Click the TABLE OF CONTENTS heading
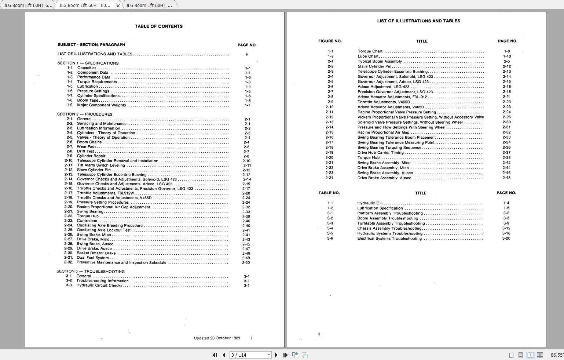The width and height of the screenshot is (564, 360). coord(158,26)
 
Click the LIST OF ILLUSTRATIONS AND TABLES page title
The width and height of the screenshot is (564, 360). coord(418,21)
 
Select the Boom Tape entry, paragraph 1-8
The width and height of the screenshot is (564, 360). coord(88,100)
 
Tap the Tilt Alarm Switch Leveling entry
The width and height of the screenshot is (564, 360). coord(101,166)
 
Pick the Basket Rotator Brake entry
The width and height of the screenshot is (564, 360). coord(96,253)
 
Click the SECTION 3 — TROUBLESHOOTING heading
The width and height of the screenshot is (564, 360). coord(91,272)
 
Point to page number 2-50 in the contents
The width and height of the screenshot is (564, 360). coord(246,263)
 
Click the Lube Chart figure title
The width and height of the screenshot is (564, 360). coord(368,57)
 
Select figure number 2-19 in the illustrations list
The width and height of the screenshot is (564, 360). coord(329,153)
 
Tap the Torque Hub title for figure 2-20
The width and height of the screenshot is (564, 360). coord(369,158)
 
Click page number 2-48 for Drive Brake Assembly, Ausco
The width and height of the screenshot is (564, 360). coord(506,178)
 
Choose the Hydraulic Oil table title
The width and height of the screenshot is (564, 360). coord(369,203)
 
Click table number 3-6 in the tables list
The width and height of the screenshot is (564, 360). coord(330,239)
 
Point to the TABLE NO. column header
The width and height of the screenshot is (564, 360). coord(329,193)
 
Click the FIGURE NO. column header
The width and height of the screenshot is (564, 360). coord(330,41)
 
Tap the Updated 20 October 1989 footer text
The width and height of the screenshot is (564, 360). coord(217,338)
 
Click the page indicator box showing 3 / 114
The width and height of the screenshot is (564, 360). coord(250,355)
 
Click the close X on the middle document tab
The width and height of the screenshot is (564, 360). coord(118,6)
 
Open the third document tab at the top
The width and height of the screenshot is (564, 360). coord(149,5)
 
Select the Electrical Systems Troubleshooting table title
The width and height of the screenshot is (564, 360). coord(389,239)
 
